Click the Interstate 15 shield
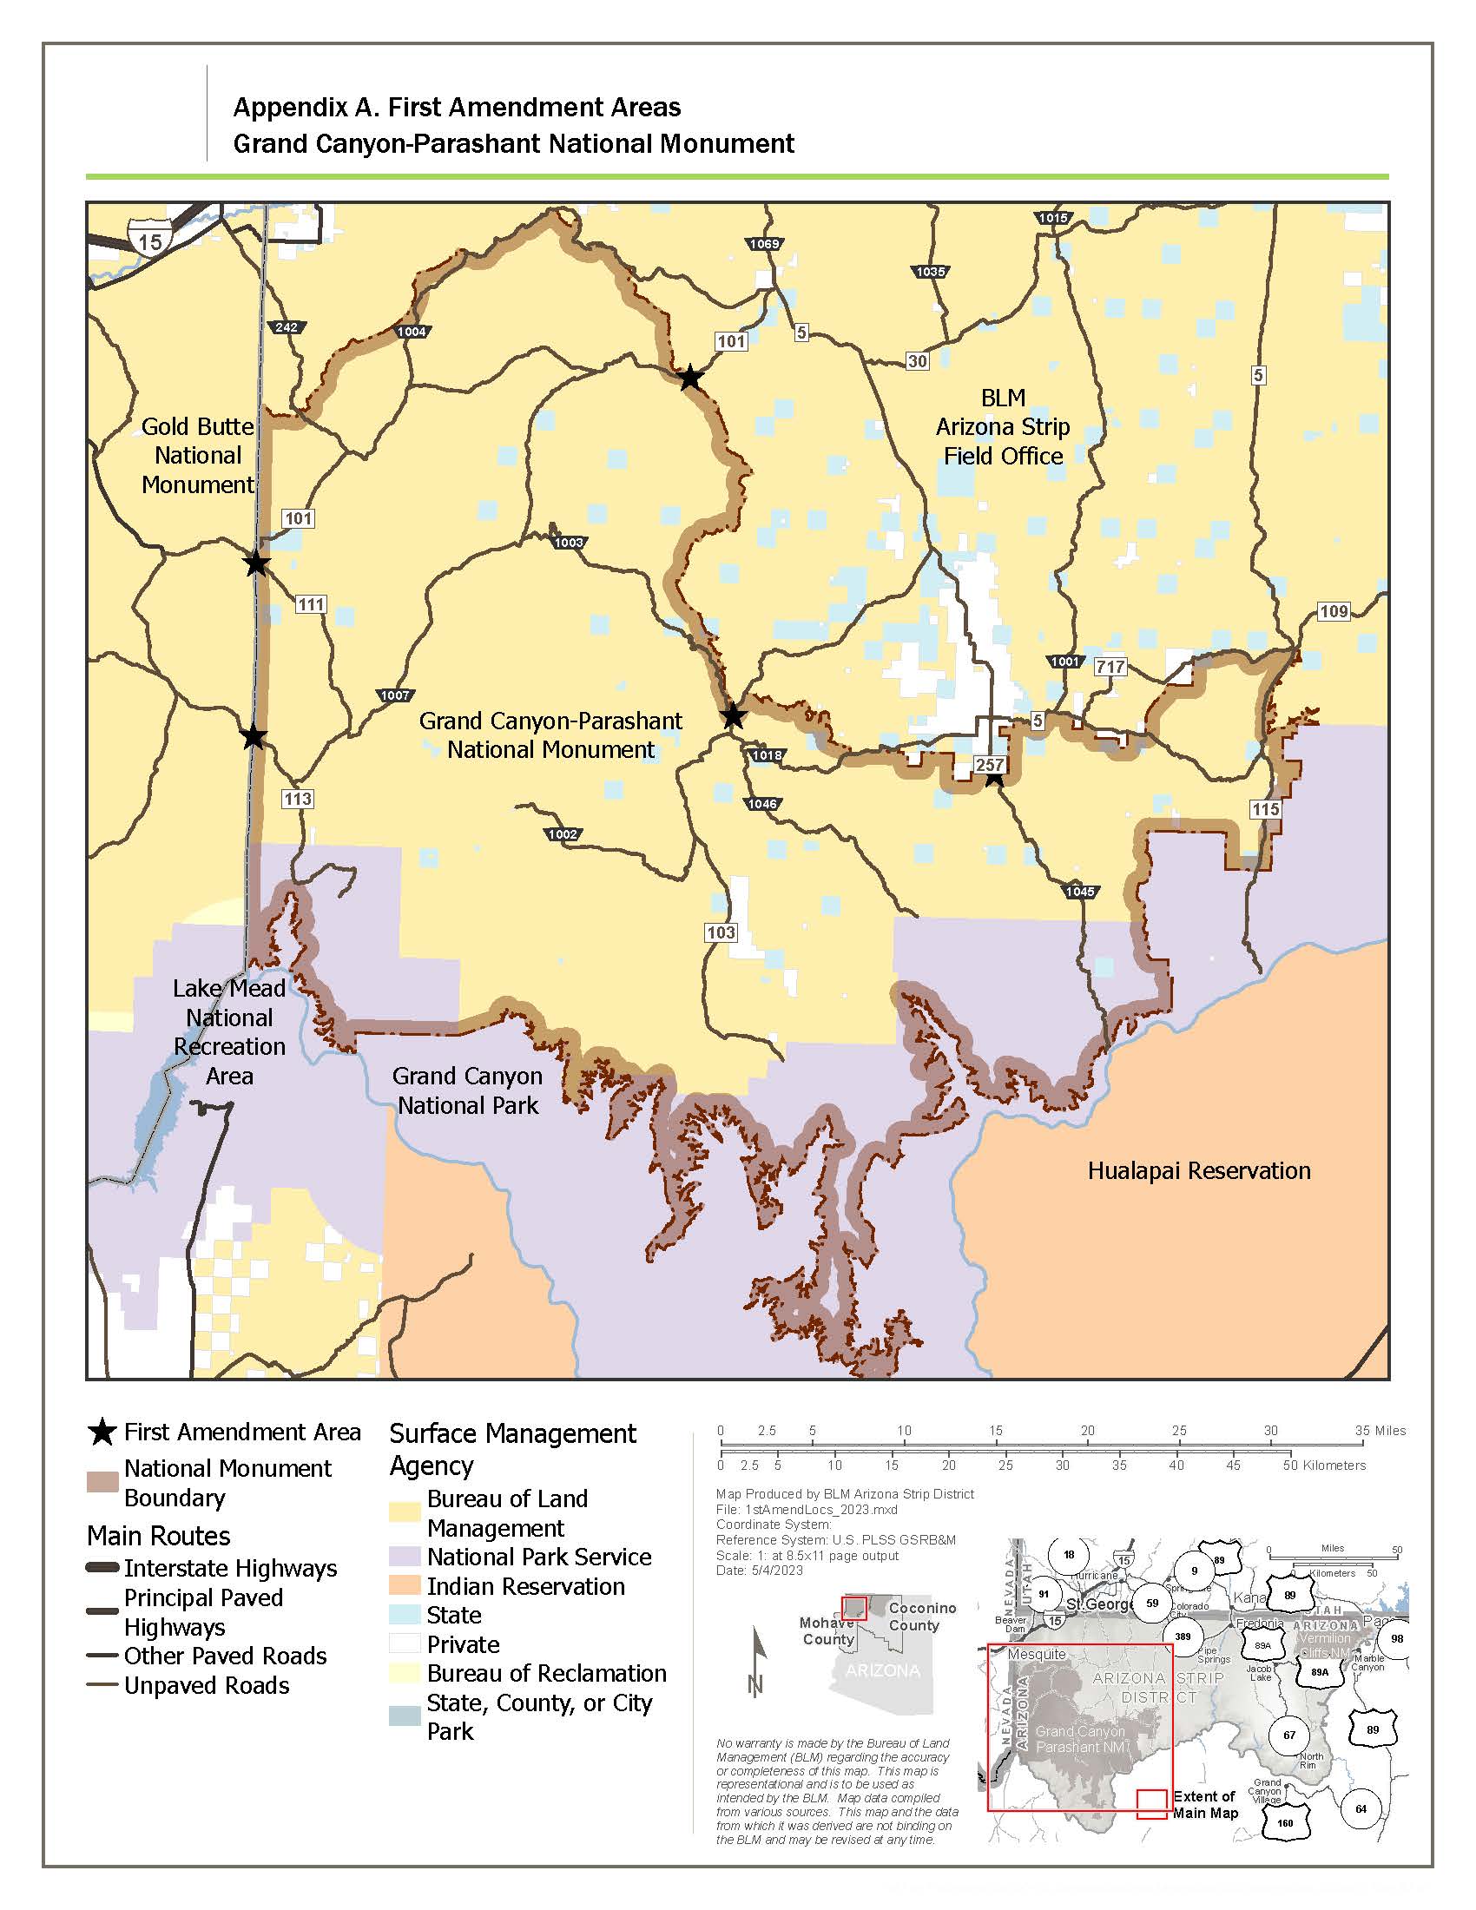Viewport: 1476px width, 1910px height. coord(149,239)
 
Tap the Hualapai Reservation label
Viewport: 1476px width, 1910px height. coord(1198,1171)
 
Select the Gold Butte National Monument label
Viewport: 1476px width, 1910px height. coord(198,456)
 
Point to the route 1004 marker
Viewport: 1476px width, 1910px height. coord(412,332)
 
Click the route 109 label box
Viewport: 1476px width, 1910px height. coord(1334,611)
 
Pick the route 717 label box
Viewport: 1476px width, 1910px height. coord(1110,668)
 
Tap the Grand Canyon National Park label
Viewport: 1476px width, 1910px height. coord(468,1090)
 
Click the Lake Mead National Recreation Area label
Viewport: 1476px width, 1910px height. coord(229,1032)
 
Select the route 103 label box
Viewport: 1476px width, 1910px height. coord(721,932)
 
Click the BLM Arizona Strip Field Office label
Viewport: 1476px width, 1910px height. coord(1003,427)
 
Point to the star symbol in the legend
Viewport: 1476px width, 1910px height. coord(102,1432)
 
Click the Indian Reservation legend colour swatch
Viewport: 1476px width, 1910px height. coord(405,1586)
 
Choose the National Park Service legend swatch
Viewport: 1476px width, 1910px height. coord(405,1557)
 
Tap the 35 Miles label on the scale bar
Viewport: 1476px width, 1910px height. coord(1380,1431)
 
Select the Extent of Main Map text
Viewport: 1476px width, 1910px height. coord(1205,1804)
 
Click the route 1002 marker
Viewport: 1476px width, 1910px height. coord(563,834)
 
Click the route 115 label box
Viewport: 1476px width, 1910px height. coord(1265,809)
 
